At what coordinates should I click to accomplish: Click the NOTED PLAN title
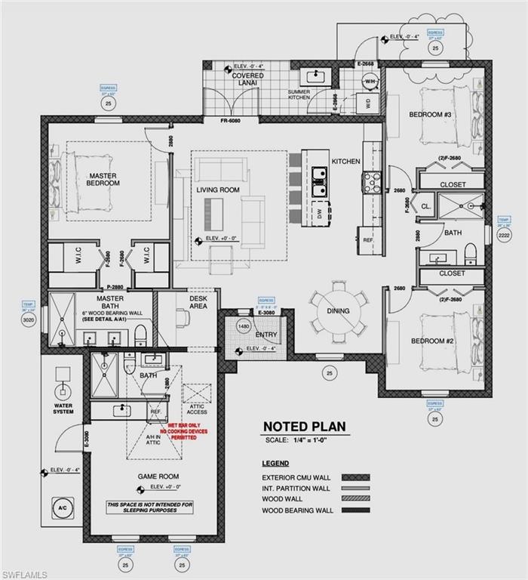(x=304, y=427)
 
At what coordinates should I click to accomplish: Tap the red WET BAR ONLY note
(x=183, y=432)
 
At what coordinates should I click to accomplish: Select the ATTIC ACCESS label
(x=197, y=409)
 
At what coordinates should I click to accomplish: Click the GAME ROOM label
(x=157, y=477)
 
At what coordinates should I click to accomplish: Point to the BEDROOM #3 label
(x=430, y=115)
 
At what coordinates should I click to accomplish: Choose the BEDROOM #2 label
(x=431, y=341)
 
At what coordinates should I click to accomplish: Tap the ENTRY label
(x=266, y=335)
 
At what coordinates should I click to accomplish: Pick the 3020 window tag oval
(x=28, y=319)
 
